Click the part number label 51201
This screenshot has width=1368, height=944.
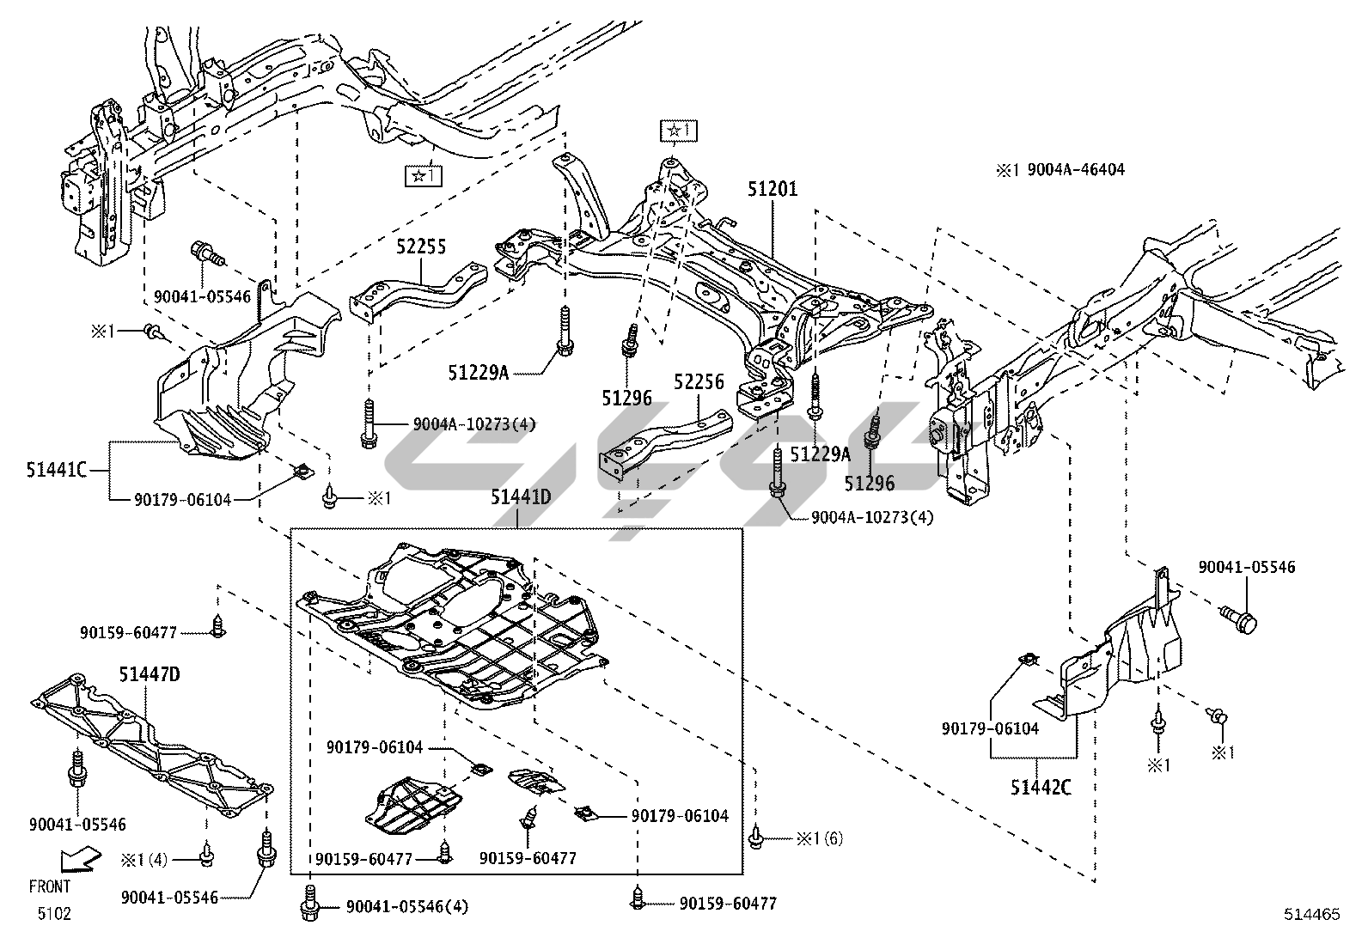(773, 189)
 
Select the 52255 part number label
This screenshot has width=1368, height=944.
(421, 247)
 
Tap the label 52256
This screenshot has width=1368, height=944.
(699, 382)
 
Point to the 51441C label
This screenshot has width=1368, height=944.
(57, 470)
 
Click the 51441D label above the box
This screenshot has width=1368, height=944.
(521, 497)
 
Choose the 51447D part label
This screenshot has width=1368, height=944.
(150, 675)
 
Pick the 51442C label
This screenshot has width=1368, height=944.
(1041, 788)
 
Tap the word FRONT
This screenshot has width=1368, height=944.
(50, 886)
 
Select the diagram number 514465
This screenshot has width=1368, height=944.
(1312, 914)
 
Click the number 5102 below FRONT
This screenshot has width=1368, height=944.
(54, 913)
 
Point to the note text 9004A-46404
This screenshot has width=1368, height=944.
(1076, 170)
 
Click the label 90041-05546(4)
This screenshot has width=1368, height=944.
(407, 907)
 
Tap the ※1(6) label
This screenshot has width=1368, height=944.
(820, 838)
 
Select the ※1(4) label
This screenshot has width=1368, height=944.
(144, 860)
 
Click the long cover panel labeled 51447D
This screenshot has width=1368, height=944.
(152, 746)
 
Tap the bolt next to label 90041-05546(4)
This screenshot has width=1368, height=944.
(310, 904)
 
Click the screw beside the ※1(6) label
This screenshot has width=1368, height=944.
(756, 837)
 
